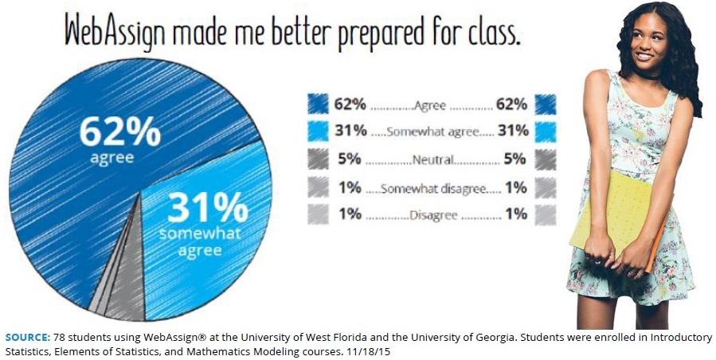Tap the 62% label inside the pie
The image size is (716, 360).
click(x=119, y=131)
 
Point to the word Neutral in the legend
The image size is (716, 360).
click(x=432, y=159)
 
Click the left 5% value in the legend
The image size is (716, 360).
click(x=350, y=159)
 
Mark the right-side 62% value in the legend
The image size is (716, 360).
click(x=511, y=104)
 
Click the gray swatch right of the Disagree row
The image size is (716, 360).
click(x=546, y=215)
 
